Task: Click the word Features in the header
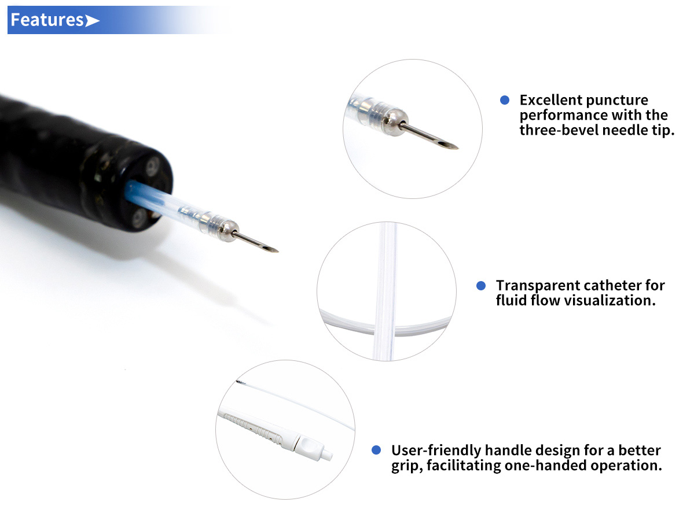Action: coord(47,20)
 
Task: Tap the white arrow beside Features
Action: coord(92,20)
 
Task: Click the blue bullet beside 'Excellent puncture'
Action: coord(504,100)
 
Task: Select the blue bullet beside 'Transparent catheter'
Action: coord(481,286)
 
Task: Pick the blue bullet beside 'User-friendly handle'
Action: coord(376,450)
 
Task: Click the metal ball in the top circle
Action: coord(395,122)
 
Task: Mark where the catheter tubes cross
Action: coord(385,327)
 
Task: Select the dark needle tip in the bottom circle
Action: coord(241,382)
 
